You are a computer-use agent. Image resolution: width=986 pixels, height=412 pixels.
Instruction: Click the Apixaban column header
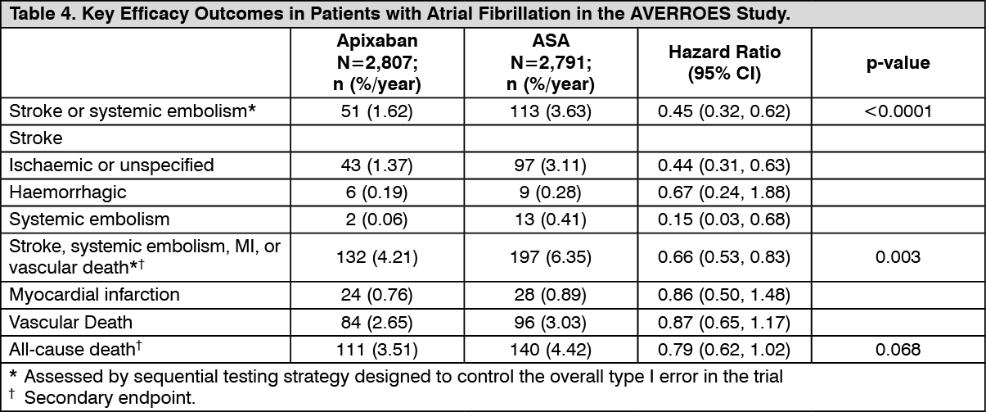coord(377,62)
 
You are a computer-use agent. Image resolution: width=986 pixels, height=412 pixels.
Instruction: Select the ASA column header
coord(551,62)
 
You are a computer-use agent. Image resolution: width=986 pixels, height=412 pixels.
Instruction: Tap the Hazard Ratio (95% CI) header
coord(724,62)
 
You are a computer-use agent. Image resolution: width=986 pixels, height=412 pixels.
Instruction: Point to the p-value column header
coord(898,62)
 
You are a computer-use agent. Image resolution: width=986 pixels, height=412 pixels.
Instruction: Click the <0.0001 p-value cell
coord(898,111)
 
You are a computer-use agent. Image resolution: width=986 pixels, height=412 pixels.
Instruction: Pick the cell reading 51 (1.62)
coord(376,111)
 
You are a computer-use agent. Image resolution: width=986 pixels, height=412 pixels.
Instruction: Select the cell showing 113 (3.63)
coord(551,111)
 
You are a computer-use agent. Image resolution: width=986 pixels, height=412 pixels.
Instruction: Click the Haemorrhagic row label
coord(68,192)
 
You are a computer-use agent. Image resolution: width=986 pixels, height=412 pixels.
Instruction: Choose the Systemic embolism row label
coord(89,219)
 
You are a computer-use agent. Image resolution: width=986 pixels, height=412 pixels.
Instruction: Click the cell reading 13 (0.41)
coord(551,219)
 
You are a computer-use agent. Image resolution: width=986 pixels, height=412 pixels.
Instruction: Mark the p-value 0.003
coord(898,257)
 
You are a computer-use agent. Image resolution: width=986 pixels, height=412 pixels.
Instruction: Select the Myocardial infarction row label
coord(95,294)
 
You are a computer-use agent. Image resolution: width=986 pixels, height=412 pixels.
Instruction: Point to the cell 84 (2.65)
coord(376,322)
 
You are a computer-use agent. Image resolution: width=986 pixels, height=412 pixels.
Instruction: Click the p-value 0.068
coord(898,350)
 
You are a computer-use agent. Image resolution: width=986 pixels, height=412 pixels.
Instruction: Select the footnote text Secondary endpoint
coord(110,397)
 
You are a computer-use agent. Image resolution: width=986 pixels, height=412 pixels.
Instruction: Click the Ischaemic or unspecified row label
coord(111,165)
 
